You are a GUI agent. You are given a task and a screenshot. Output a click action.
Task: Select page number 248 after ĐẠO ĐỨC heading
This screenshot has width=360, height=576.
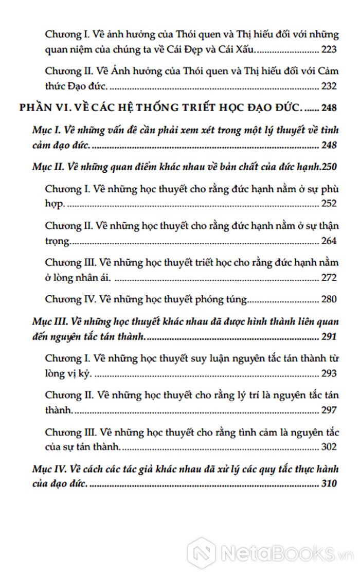tap(328, 109)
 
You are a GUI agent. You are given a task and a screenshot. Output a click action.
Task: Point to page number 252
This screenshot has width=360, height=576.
tap(328, 204)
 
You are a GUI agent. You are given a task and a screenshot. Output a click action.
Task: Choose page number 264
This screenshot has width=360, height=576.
tap(328, 241)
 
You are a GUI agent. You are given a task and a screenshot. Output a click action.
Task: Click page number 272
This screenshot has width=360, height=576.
tap(328, 278)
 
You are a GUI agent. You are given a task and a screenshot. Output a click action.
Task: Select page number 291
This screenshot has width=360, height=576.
tap(328, 337)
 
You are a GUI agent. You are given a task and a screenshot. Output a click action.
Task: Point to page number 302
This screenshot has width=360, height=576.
tap(328, 447)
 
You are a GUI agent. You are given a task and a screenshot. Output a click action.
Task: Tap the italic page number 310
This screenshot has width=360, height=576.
tap(328, 484)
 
